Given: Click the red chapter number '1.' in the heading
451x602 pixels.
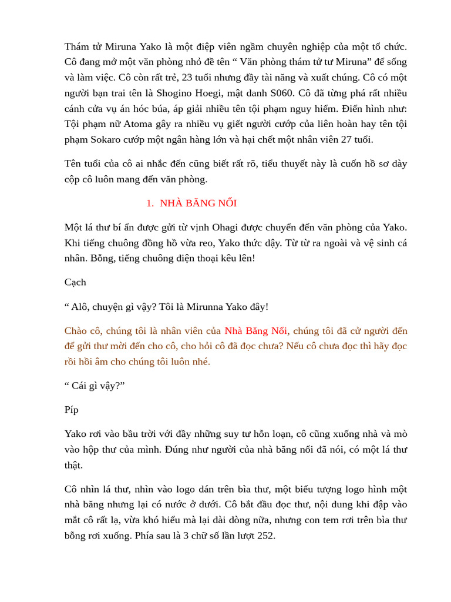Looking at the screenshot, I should pyautogui.click(x=150, y=203).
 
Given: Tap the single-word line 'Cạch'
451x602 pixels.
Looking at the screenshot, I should pyautogui.click(x=75, y=282).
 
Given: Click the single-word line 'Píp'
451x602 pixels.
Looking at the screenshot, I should pyautogui.click(x=72, y=410).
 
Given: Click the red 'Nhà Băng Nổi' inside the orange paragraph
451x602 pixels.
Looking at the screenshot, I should pyautogui.click(x=256, y=331).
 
